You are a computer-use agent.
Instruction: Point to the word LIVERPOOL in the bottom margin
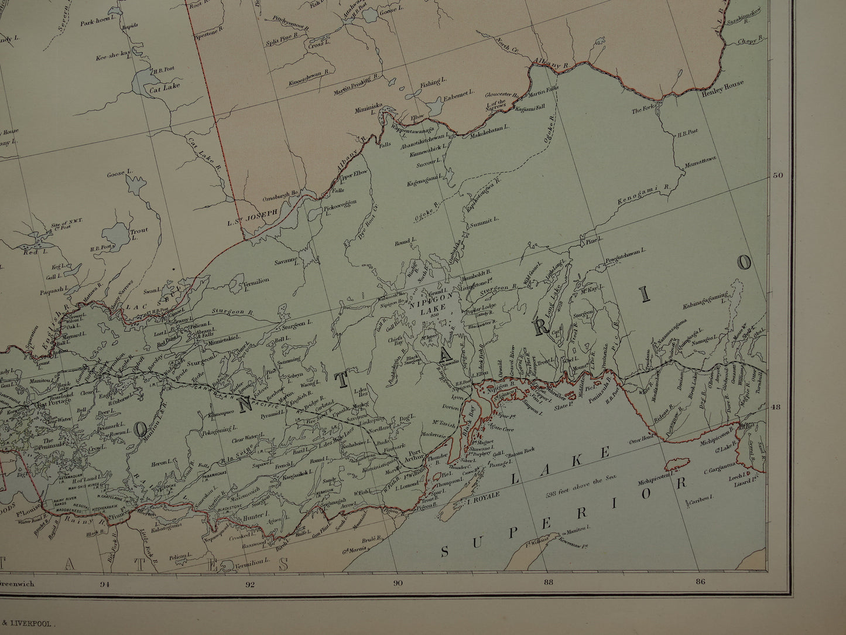point(34,625)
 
